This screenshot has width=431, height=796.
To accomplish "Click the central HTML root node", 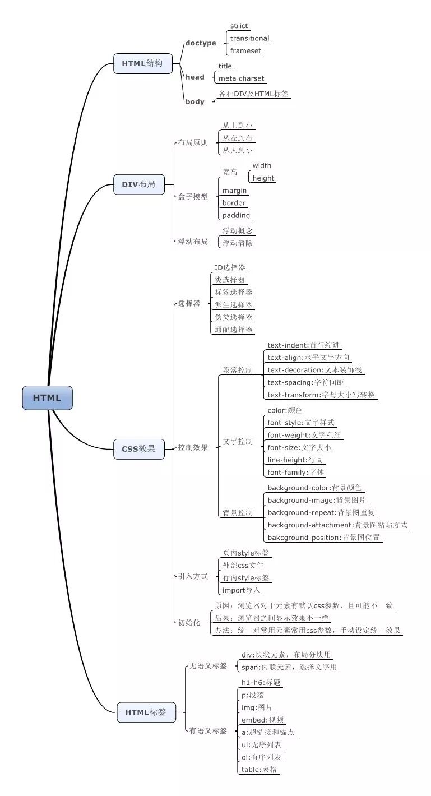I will tap(47, 398).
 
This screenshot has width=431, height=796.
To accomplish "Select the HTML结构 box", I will tap(142, 63).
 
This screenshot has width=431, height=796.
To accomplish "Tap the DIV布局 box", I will tap(138, 184).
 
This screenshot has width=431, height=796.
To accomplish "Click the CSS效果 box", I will tap(138, 448).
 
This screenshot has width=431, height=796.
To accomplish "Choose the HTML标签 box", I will tap(146, 712).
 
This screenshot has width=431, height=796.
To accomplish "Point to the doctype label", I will tap(201, 43).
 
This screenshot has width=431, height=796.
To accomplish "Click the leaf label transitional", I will tap(249, 38).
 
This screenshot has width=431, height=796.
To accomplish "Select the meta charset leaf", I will tap(241, 78).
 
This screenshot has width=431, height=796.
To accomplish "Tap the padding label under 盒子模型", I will tap(236, 215).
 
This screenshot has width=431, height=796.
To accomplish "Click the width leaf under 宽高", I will tap(262, 166).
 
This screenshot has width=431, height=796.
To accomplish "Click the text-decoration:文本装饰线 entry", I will tap(315, 370).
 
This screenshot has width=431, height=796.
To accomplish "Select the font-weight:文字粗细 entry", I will tap(304, 435).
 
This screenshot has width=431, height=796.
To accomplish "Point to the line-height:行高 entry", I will tap(295, 460).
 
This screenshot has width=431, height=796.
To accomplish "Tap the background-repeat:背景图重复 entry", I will tap(322, 512).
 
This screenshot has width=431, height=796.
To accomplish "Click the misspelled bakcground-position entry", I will tap(324, 537).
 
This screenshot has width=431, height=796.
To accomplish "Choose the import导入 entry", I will tap(241, 590).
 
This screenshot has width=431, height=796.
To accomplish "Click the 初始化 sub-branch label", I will tap(189, 623).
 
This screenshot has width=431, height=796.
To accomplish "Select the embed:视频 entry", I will tap(262, 720).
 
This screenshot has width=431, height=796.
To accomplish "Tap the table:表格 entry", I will tap(259, 769).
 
